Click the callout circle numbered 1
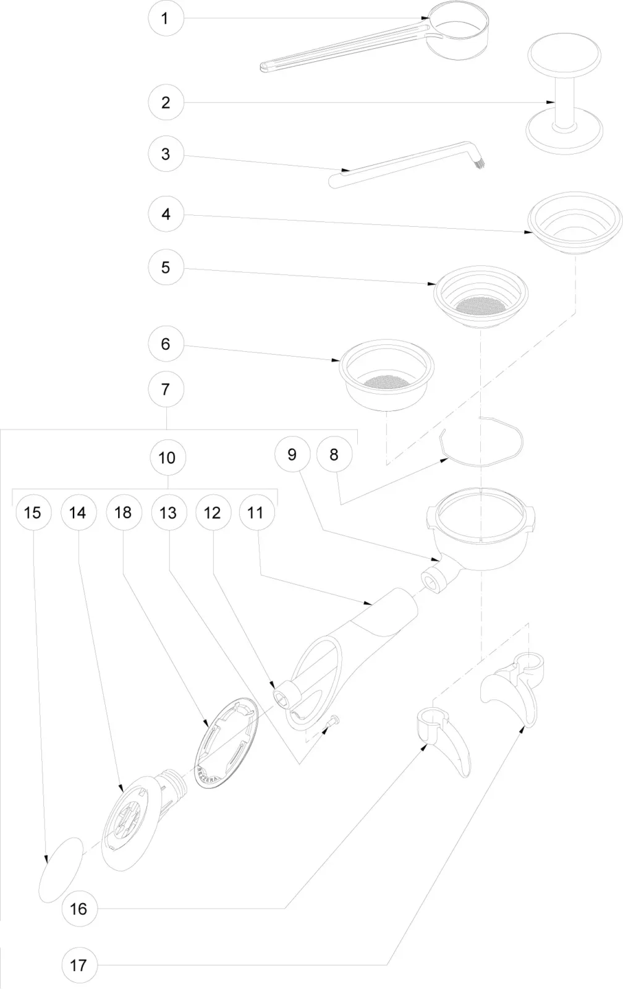pos(165,19)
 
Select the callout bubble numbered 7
pos(165,389)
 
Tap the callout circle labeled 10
pos(167,457)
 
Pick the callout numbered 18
pos(123,512)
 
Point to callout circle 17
pos(78,965)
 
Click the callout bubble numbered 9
pos(292,455)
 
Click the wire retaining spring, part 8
pos(482,442)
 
